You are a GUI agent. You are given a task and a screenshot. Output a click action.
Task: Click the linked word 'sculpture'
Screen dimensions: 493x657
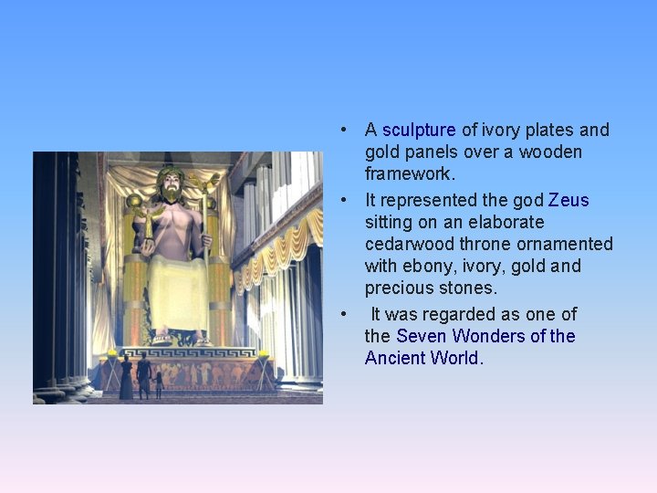click(x=418, y=131)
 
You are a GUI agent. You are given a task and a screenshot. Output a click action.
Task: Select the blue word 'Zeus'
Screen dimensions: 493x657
click(x=568, y=200)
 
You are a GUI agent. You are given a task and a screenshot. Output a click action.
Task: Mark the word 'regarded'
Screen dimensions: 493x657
click(x=477, y=314)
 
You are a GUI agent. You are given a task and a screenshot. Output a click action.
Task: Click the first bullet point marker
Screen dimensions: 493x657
click(x=343, y=131)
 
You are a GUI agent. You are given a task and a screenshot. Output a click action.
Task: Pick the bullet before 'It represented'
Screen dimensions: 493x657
click(x=343, y=200)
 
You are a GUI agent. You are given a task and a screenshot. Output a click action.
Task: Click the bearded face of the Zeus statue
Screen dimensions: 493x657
click(x=169, y=185)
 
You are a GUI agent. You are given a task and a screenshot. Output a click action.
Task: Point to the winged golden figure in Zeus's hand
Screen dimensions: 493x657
click(x=135, y=202)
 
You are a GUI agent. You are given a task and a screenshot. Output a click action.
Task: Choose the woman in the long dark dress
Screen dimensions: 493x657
click(x=126, y=378)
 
